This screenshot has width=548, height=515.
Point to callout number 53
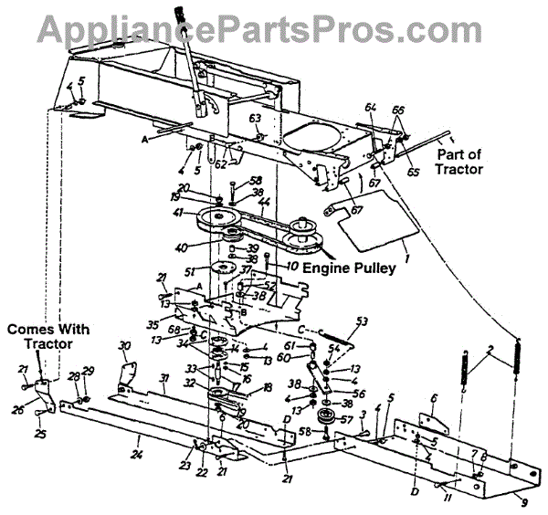362,321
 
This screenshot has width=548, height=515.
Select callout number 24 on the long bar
136,451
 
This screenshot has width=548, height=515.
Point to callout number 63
256,119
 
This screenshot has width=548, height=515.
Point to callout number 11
444,499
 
